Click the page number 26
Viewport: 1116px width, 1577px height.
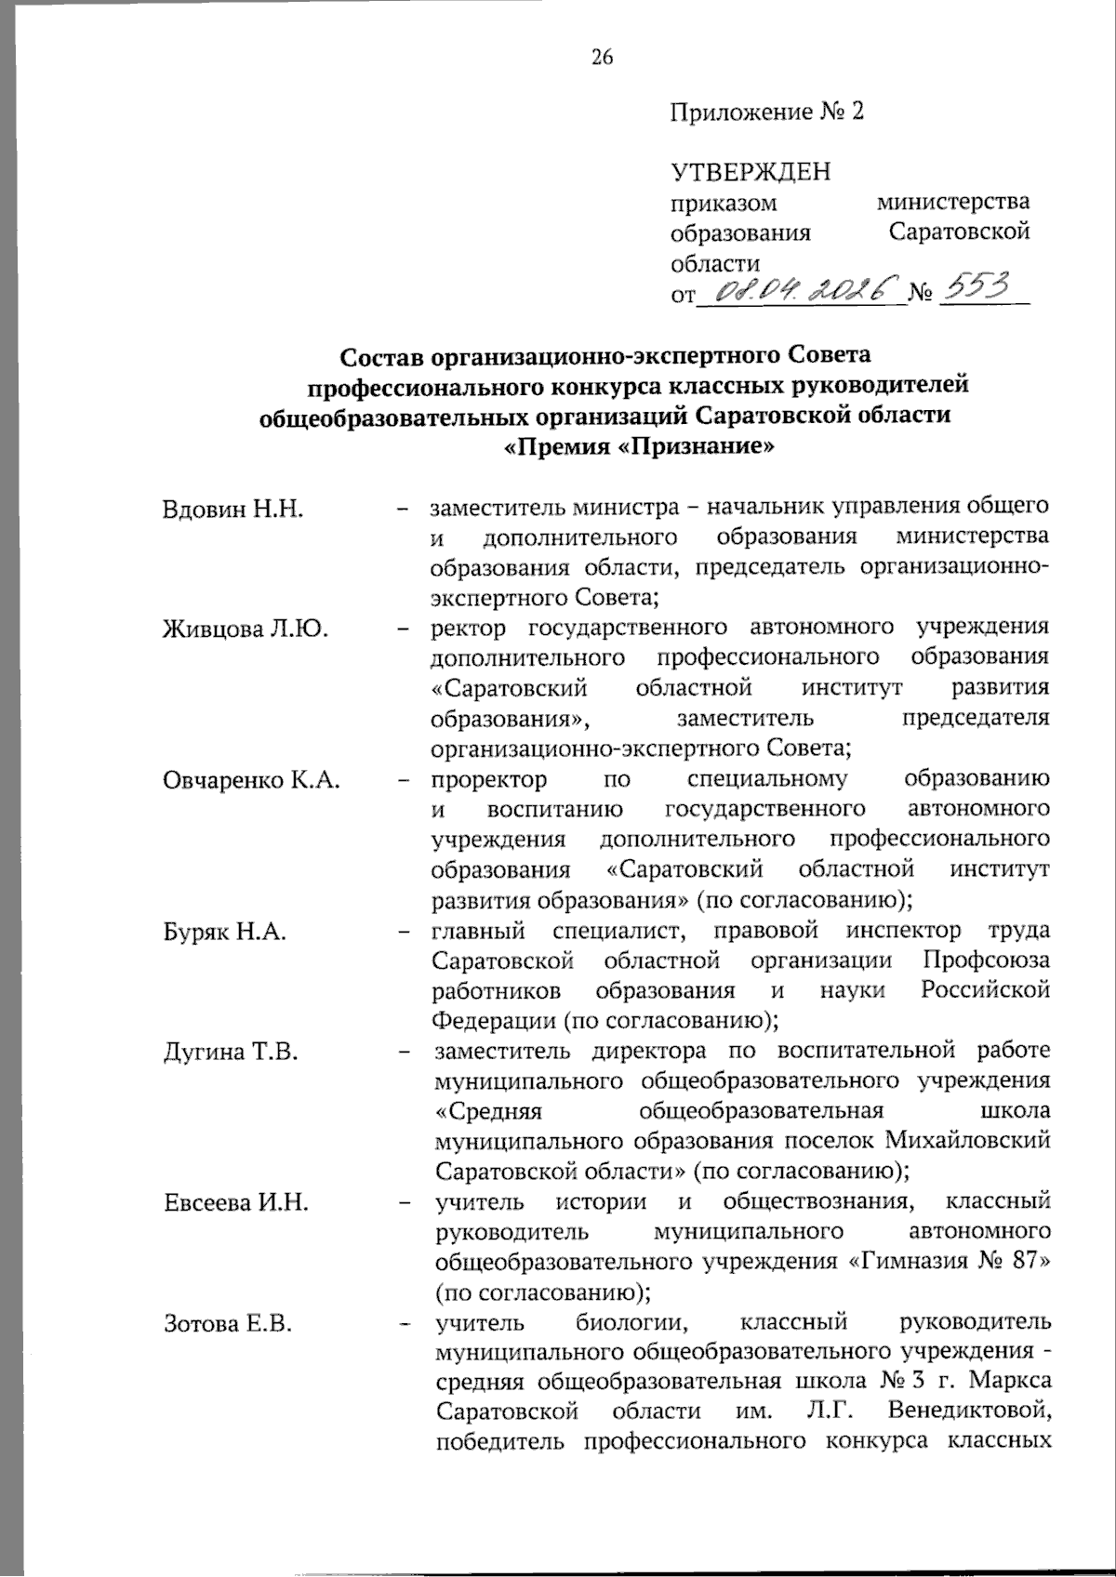point(602,58)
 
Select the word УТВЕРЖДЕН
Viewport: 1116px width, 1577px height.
point(751,172)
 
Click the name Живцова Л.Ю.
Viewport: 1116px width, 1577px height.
point(246,629)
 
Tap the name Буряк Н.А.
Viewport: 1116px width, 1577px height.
point(224,931)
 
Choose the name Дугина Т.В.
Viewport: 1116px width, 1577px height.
point(230,1052)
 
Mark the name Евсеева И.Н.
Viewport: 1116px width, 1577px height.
point(235,1202)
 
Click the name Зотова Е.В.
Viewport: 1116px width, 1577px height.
point(228,1323)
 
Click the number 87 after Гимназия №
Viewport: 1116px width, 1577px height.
point(1029,1262)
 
